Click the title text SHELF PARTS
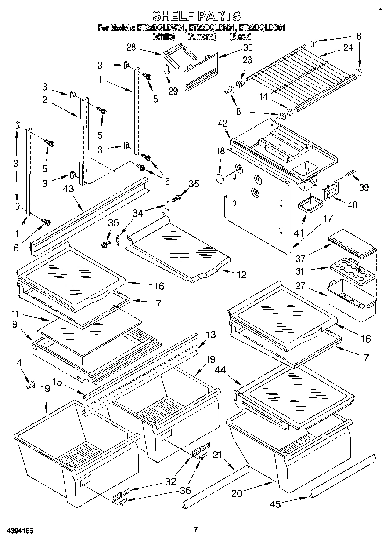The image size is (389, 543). coord(196,16)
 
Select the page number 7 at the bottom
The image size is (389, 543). coord(196,529)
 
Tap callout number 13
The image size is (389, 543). coord(211,335)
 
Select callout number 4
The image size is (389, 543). coord(19,363)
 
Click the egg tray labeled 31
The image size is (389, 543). coord(351,274)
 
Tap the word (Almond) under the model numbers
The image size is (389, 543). coord(202,36)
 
